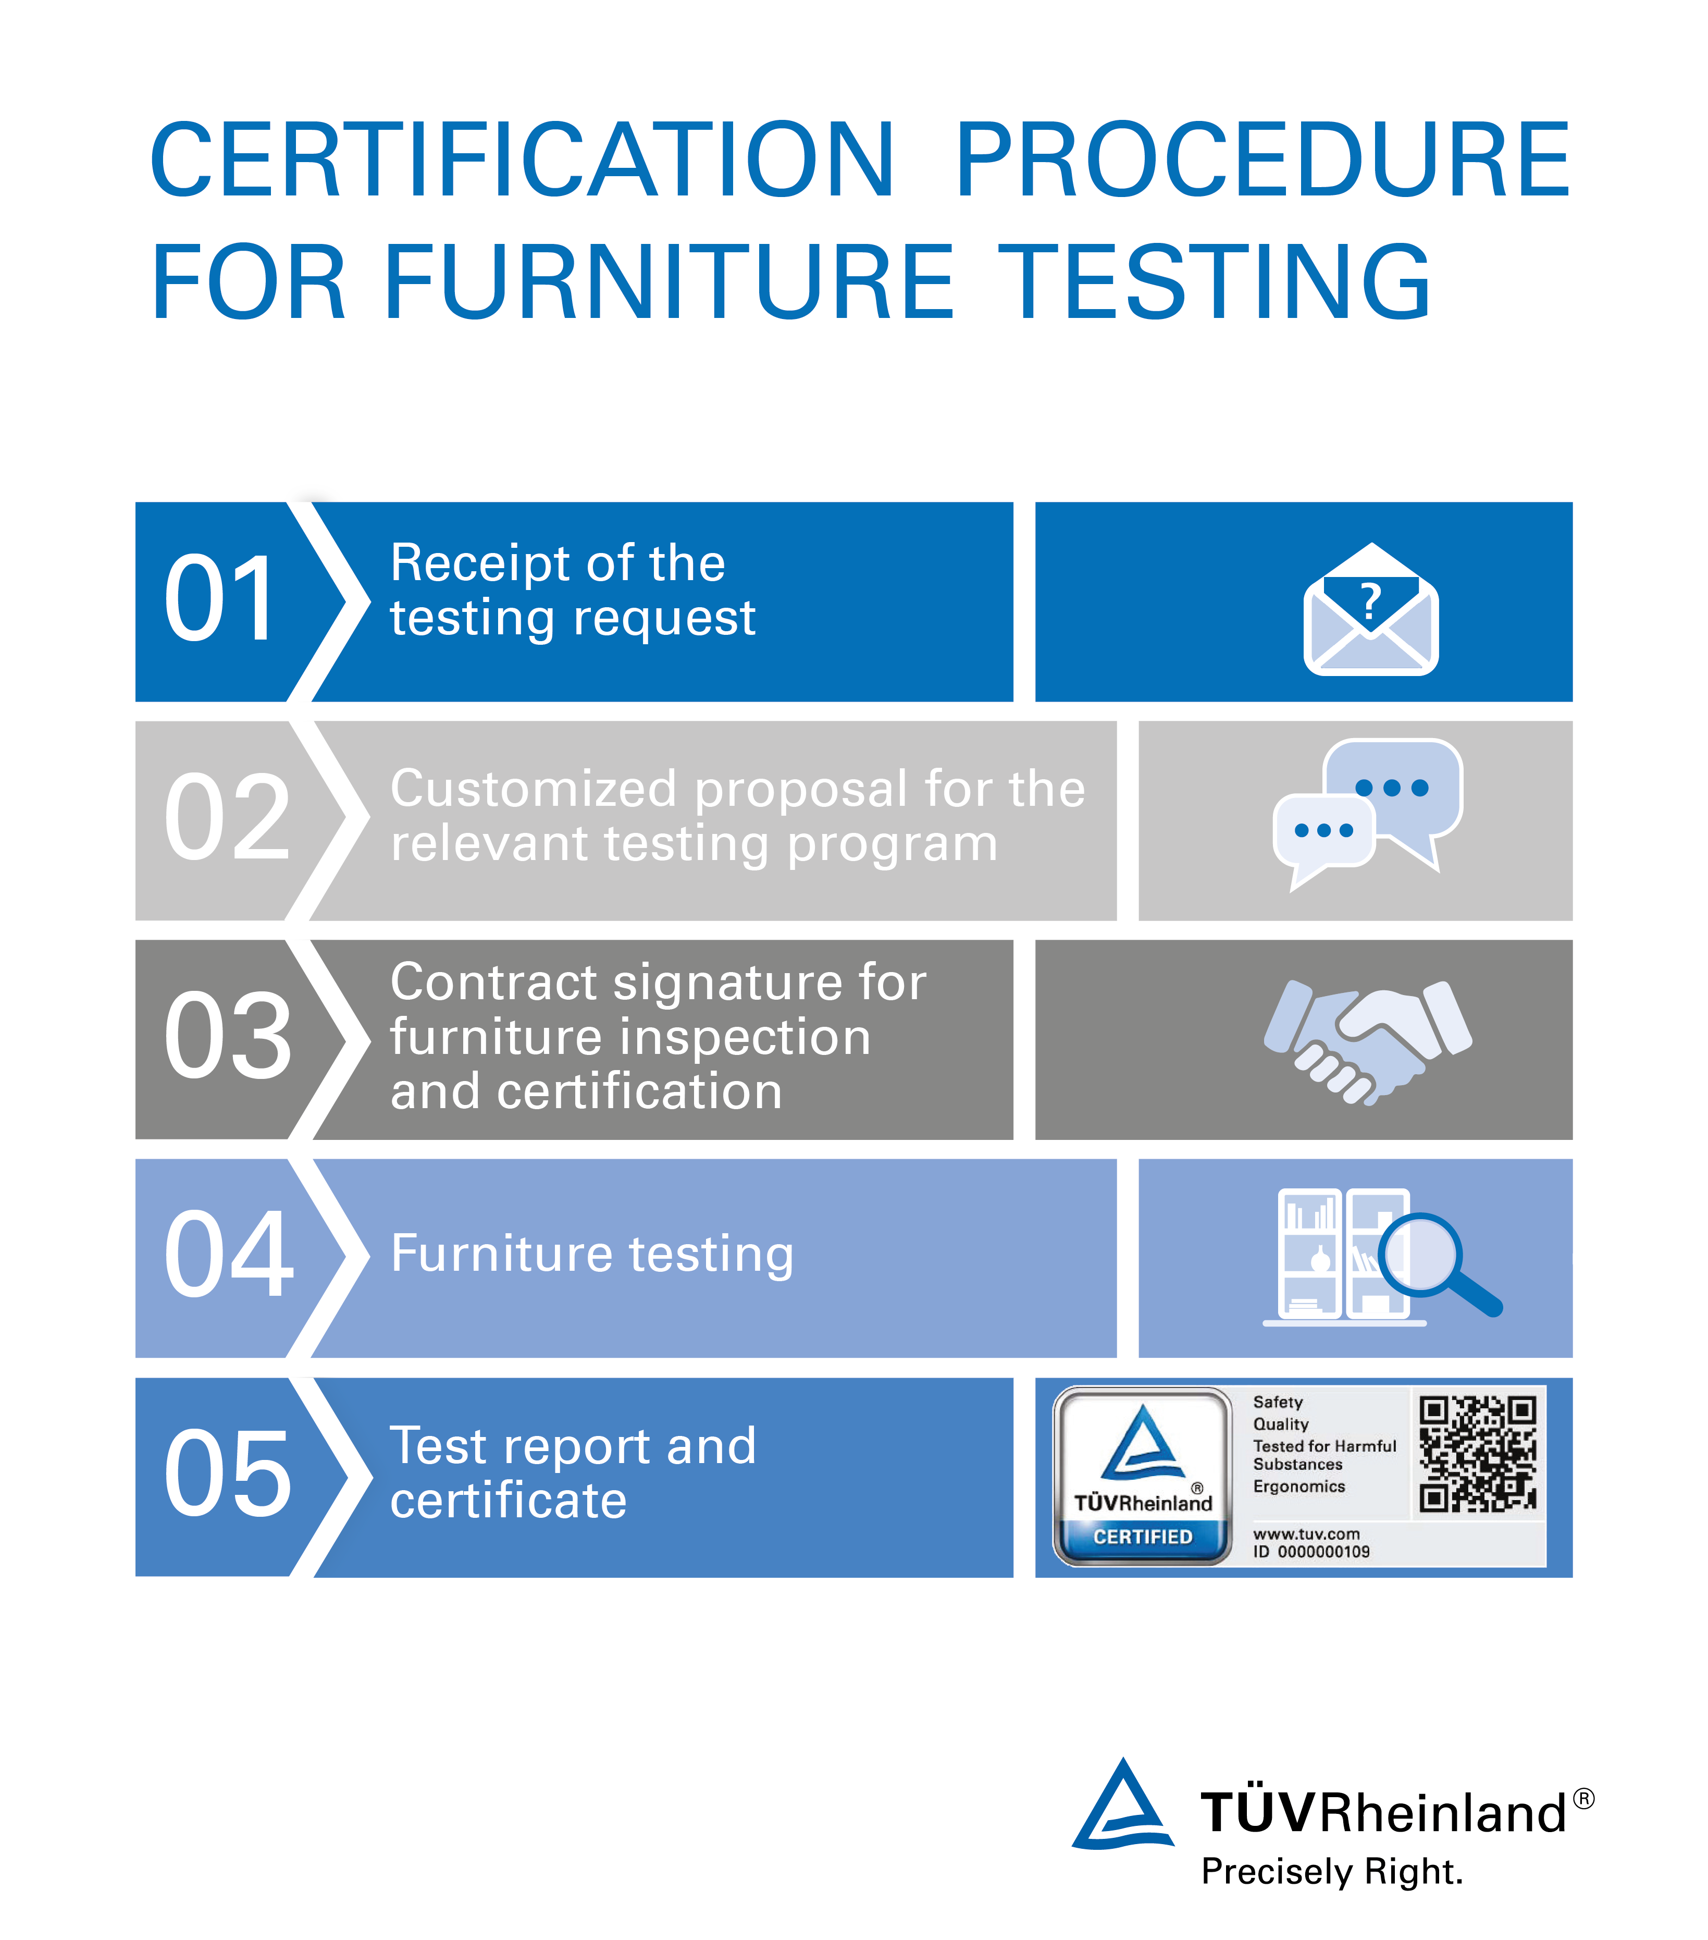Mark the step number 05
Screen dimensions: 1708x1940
(228, 1473)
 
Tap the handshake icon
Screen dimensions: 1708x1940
(1367, 1042)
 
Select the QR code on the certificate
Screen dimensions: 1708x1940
(1477, 1453)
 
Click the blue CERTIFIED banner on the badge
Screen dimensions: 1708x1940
(1143, 1537)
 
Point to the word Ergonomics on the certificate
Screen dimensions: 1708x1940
(1299, 1487)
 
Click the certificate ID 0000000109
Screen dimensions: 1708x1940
(1311, 1552)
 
